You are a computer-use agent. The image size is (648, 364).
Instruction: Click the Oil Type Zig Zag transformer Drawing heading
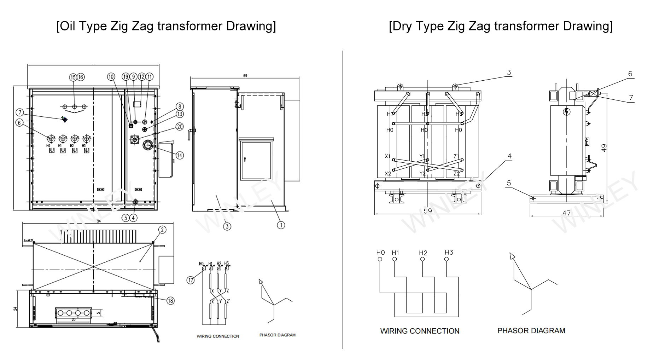coord(166,26)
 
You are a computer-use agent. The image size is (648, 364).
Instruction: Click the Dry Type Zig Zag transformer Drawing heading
coord(501,26)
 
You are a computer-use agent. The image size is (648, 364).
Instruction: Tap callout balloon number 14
coord(180,155)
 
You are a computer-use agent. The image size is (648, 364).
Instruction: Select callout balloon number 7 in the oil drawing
coord(20,112)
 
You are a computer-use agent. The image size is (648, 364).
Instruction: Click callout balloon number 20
coord(180,127)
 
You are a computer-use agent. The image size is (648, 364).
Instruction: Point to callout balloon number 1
coord(281,225)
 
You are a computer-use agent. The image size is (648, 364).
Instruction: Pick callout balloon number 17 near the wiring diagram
coord(191,280)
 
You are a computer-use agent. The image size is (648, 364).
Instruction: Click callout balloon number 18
coord(170,301)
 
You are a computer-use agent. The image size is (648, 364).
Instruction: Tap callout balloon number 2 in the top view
coord(162,230)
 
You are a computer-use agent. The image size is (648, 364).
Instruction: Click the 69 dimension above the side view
coord(245,76)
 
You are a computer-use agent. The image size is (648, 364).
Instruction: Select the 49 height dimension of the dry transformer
coord(604,148)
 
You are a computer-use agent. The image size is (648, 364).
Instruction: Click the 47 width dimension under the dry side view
coord(566,213)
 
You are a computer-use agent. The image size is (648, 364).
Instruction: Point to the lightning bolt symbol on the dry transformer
coord(567,112)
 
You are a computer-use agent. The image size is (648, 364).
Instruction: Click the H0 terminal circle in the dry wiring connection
coord(380,259)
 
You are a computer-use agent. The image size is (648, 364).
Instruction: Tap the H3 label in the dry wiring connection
coord(449,252)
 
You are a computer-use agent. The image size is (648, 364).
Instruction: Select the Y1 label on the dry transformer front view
coord(422,156)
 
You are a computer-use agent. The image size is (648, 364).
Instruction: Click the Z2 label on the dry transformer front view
coord(456,174)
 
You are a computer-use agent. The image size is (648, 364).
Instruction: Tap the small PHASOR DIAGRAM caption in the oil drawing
coord(277,335)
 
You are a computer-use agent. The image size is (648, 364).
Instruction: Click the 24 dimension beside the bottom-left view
coord(15,308)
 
